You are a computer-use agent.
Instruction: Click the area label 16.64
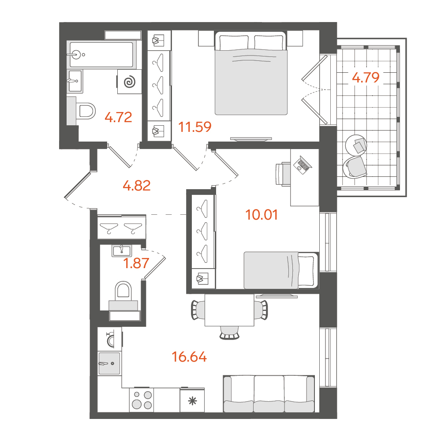click(x=189, y=357)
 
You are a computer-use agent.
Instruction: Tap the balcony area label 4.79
click(x=366, y=77)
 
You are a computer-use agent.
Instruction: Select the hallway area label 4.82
click(x=137, y=186)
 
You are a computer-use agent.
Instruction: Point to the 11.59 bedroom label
click(x=195, y=127)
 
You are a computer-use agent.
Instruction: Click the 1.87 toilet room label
click(x=136, y=264)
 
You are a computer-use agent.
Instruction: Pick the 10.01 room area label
click(x=262, y=215)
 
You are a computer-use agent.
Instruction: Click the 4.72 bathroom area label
click(x=118, y=117)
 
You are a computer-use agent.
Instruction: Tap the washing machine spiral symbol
click(x=130, y=82)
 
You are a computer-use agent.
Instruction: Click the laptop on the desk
click(x=303, y=165)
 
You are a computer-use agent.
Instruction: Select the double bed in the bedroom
click(x=251, y=73)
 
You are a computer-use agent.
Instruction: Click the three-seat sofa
click(x=269, y=394)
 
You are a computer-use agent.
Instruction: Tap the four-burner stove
click(x=142, y=400)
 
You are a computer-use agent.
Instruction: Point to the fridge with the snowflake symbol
click(x=192, y=400)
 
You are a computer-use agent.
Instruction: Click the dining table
click(x=229, y=310)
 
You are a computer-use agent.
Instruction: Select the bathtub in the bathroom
click(x=101, y=55)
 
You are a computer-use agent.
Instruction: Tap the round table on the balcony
click(x=356, y=145)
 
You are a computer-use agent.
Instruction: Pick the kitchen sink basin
click(x=109, y=363)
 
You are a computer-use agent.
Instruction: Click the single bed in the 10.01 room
click(x=281, y=270)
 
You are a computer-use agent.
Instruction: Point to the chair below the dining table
click(x=229, y=333)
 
